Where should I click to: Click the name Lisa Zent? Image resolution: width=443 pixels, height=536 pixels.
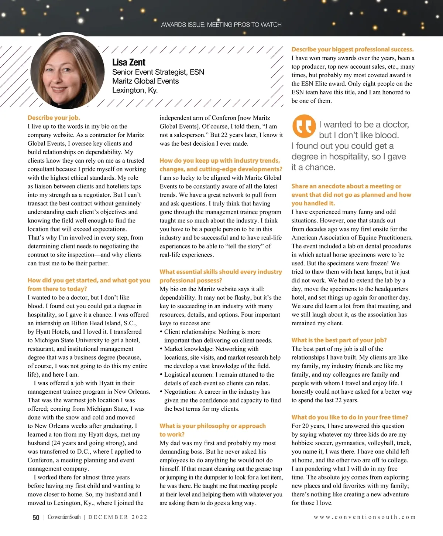tap(129, 62)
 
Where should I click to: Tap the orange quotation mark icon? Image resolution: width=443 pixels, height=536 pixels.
tap(304, 126)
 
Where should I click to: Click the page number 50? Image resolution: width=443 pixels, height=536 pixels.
tap(36, 518)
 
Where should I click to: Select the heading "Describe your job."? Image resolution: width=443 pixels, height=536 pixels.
tap(54, 118)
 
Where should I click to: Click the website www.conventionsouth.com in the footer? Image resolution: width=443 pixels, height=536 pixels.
tap(365, 517)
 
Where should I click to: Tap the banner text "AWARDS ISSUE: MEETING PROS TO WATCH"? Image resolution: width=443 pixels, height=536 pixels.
tap(221, 25)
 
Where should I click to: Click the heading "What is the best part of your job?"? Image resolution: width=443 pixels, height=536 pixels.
tap(339, 340)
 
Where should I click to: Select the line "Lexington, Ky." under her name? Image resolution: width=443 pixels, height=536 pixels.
tap(135, 90)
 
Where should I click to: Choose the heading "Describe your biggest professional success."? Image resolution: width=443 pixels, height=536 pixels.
tap(353, 49)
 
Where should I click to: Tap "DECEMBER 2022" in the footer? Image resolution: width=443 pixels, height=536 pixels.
tap(118, 517)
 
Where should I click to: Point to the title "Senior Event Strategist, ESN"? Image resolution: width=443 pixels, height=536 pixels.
tap(158, 72)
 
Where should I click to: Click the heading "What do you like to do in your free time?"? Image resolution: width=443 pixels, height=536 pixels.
tap(350, 417)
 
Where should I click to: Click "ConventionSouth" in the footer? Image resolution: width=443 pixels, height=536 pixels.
tap(64, 517)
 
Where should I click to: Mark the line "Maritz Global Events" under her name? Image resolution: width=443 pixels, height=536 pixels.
tap(145, 81)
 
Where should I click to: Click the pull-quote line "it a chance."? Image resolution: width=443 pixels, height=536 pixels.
tap(313, 167)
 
